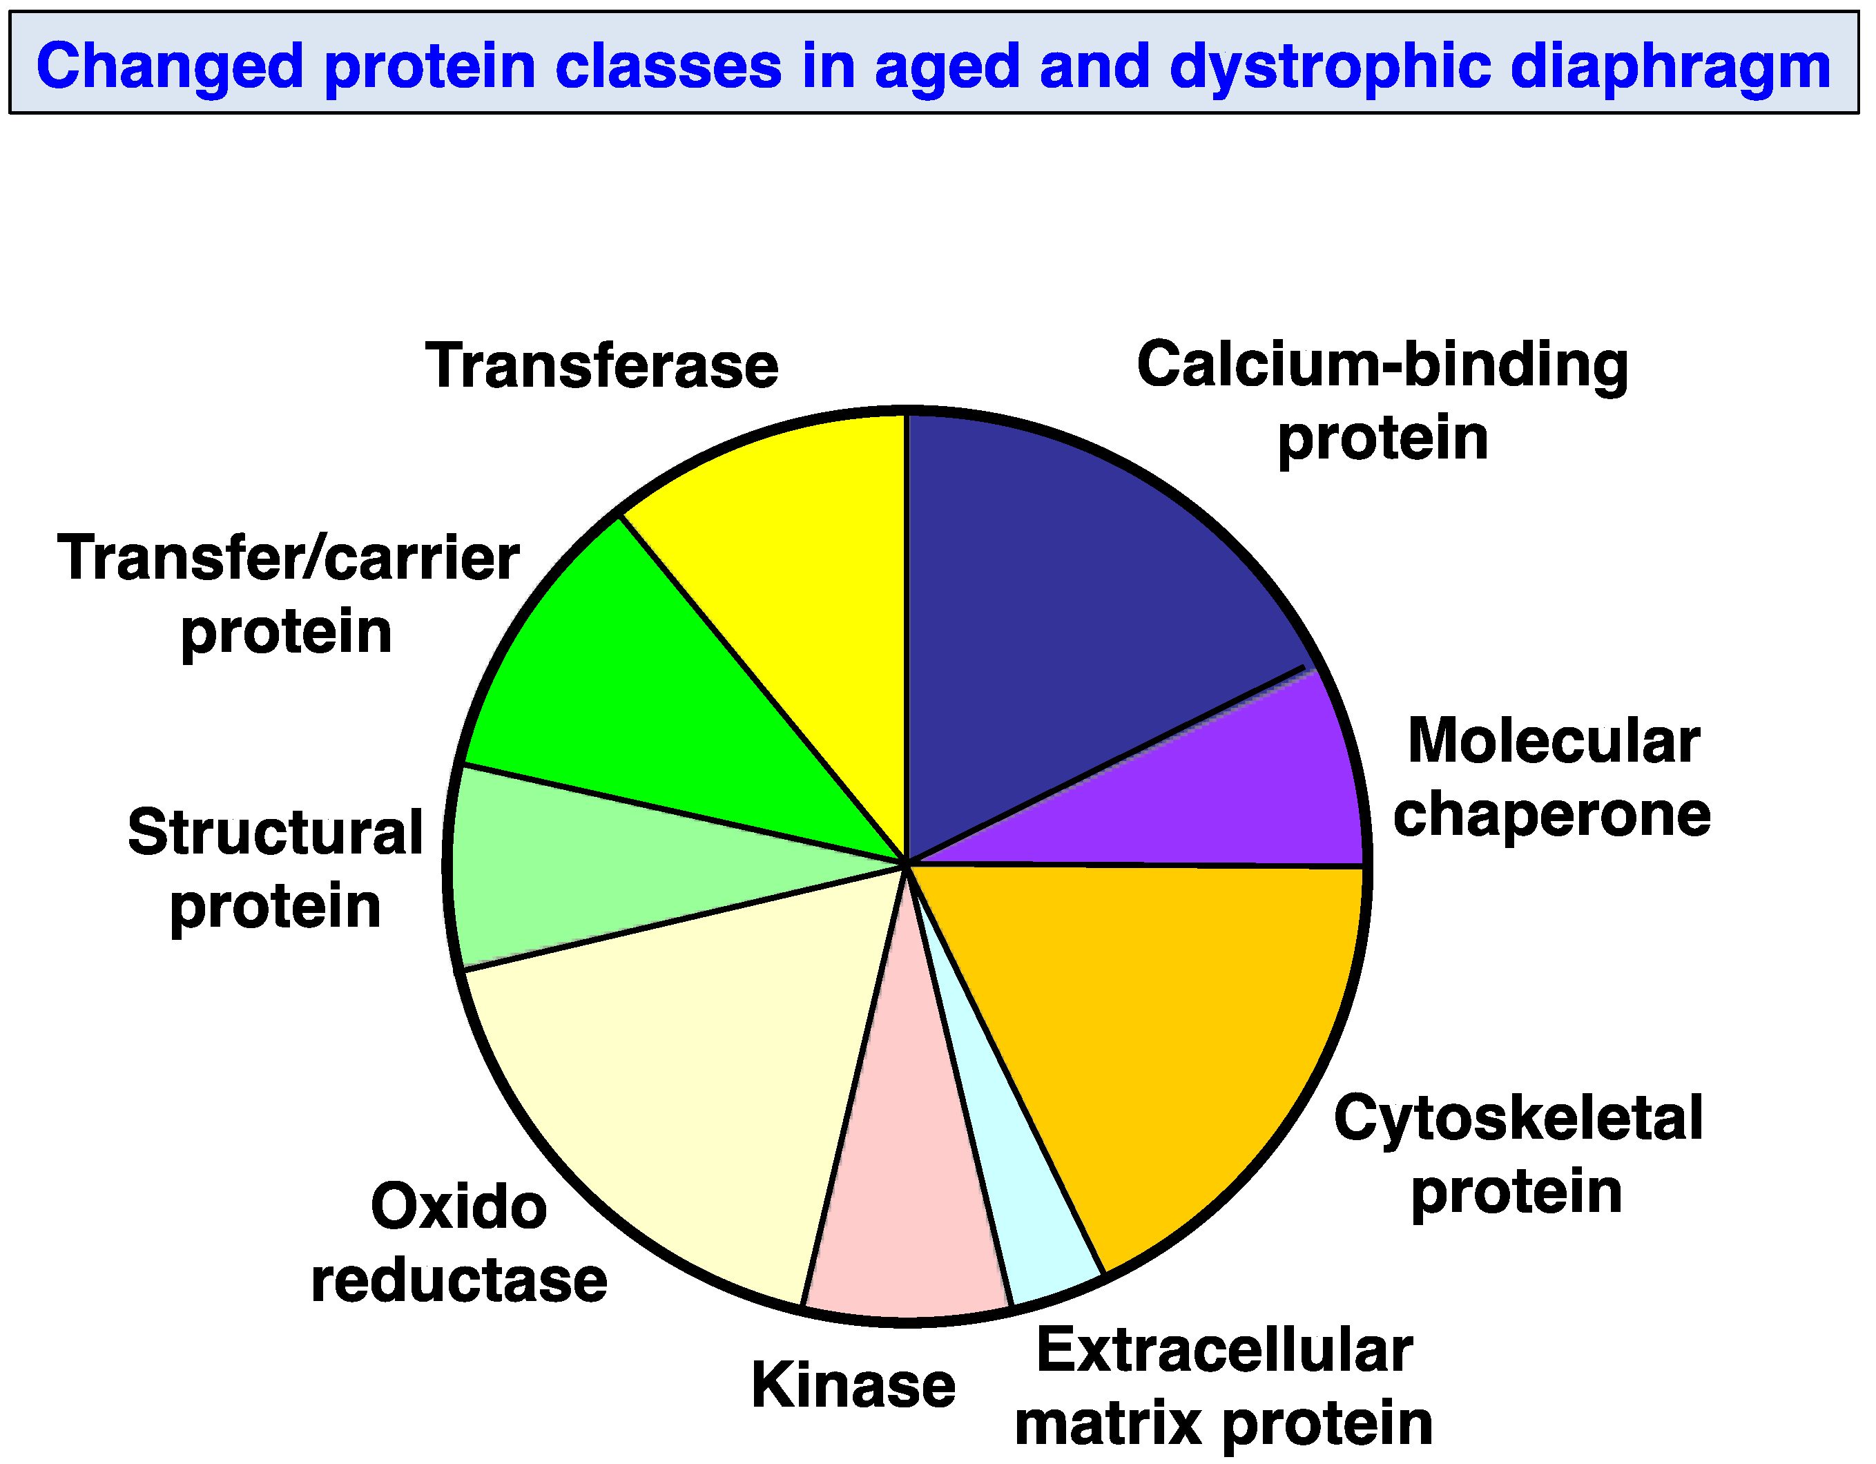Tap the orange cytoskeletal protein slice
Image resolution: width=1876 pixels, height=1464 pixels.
pyautogui.click(x=1159, y=1031)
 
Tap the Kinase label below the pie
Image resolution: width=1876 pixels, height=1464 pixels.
pyautogui.click(x=853, y=1385)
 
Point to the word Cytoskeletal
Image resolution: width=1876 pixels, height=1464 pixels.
pyautogui.click(x=1518, y=1119)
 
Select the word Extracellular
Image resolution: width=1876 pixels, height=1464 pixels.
pyautogui.click(x=1224, y=1351)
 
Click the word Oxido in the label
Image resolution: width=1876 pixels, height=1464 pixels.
pyautogui.click(x=458, y=1207)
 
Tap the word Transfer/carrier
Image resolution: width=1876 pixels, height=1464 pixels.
pyautogui.click(x=288, y=559)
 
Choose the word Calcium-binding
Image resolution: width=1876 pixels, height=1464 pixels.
pyautogui.click(x=1382, y=365)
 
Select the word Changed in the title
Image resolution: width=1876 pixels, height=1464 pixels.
pyautogui.click(x=170, y=66)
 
